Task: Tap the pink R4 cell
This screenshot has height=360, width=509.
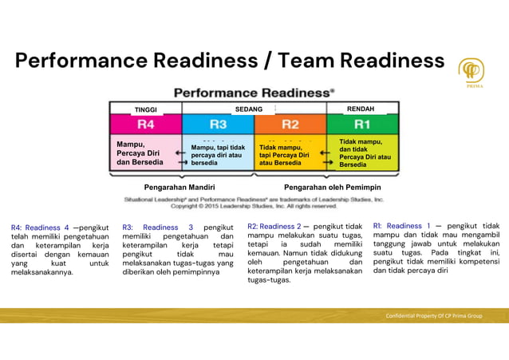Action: (x=146, y=125)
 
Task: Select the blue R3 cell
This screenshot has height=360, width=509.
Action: (x=218, y=125)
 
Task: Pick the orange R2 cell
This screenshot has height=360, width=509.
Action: (x=290, y=125)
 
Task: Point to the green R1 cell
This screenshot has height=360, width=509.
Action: (x=362, y=125)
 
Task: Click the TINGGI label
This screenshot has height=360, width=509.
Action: (x=146, y=109)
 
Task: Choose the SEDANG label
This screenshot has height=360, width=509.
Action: (x=249, y=109)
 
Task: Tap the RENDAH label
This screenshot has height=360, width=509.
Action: (x=361, y=109)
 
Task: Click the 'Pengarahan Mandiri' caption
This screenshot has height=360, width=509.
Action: (x=180, y=187)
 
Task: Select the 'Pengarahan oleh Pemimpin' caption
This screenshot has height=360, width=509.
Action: (x=333, y=187)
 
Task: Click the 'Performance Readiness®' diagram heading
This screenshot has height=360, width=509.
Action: (x=254, y=93)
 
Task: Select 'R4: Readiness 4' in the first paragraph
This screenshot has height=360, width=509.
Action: (x=40, y=227)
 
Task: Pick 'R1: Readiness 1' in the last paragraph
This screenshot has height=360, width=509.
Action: (x=402, y=226)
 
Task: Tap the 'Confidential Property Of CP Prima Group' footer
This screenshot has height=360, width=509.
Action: (x=434, y=316)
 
